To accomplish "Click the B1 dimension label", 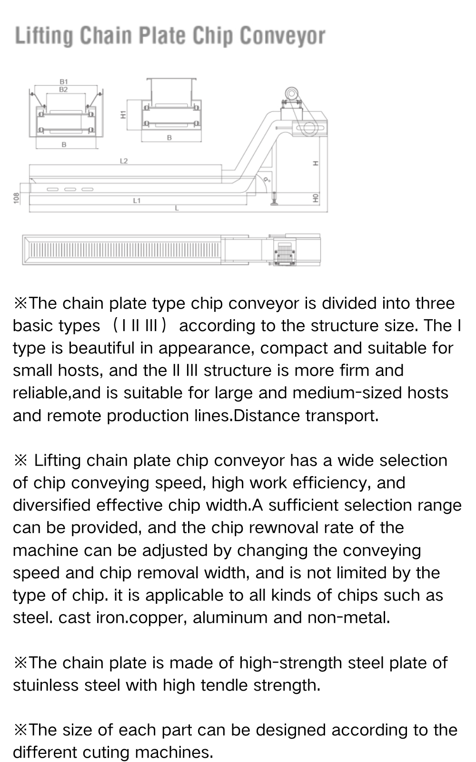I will [x=63, y=82].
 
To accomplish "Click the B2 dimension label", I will [x=63, y=89].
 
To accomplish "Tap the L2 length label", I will [x=124, y=161].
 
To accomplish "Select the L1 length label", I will [x=137, y=201].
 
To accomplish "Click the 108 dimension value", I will [x=16, y=197].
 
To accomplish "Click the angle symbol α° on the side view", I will [x=267, y=180].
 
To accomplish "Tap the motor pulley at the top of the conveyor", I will [x=290, y=92].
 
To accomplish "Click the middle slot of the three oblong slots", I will [x=70, y=189].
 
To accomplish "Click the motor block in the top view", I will [x=284, y=250].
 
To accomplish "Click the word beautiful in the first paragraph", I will [x=101, y=348].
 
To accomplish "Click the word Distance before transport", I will [x=268, y=416].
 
